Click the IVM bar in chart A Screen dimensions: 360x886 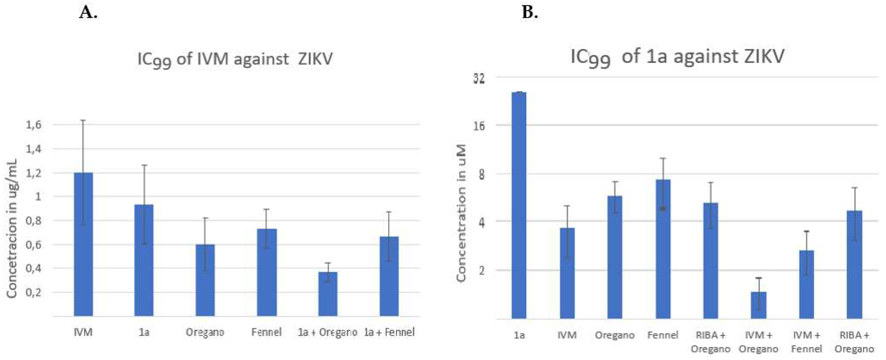point(83,244)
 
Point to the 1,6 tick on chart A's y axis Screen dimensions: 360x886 point(34,124)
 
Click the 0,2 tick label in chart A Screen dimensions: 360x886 point(34,292)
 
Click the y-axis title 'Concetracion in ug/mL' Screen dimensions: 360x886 point(12,228)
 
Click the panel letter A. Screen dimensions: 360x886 point(88,13)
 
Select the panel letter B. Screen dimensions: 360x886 point(530,13)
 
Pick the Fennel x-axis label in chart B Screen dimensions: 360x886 point(662,335)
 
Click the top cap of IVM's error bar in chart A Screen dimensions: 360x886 point(83,120)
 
